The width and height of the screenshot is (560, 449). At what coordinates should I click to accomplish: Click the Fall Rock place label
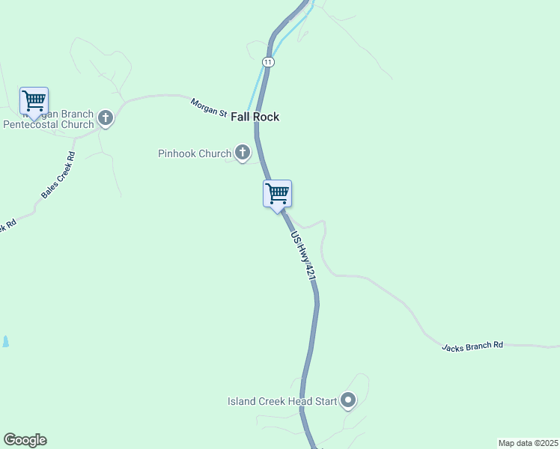pos(255,117)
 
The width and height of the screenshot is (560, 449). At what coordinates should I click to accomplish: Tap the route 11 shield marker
pos(268,61)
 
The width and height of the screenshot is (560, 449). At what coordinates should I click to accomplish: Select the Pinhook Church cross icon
pos(243,153)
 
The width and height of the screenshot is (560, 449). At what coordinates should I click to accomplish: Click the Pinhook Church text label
pos(195,154)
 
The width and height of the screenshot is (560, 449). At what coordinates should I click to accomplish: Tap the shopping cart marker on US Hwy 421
pos(277,194)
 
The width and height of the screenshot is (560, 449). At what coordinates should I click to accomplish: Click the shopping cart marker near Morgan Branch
pos(34,101)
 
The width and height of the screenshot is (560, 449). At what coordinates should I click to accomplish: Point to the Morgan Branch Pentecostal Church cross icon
pos(106,118)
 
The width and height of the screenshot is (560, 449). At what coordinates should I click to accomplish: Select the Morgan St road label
pos(208,108)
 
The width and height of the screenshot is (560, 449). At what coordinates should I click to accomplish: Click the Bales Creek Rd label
pos(58,175)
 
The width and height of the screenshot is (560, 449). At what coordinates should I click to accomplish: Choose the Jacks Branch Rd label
pos(472,346)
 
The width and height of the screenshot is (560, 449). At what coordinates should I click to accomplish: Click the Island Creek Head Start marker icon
pos(348,401)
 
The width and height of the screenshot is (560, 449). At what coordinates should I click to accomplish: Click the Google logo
pos(25,440)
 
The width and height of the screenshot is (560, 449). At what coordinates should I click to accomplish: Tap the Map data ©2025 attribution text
pos(528,443)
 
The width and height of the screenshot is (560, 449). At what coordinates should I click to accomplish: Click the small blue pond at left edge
pos(5,341)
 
